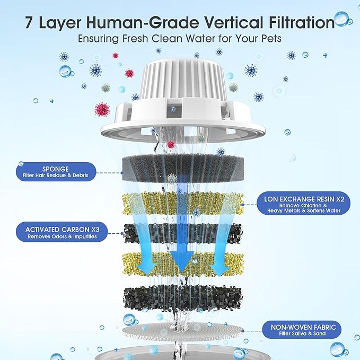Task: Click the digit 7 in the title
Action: pyautogui.click(x=30, y=22)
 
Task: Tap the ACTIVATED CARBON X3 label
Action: pyautogui.click(x=63, y=233)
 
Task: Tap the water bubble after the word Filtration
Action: pyautogui.click(x=341, y=21)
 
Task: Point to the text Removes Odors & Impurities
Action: pyautogui.click(x=63, y=237)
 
